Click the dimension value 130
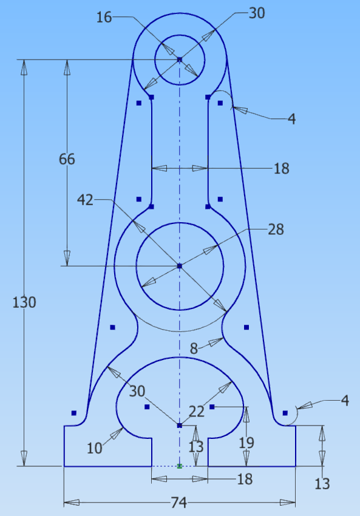[25, 302]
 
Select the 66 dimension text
[67, 160]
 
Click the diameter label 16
[104, 17]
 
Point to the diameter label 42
[85, 199]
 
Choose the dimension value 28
[276, 229]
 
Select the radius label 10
[94, 449]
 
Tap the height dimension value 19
[246, 442]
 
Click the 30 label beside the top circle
[257, 13]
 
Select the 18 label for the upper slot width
[281, 169]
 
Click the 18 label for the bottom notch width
[244, 479]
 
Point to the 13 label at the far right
[322, 484]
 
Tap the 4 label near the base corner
[345, 401]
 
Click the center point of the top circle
[180, 59]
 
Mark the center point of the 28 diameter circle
[180, 266]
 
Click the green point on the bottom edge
[180, 466]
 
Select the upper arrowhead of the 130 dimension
[24, 68]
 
